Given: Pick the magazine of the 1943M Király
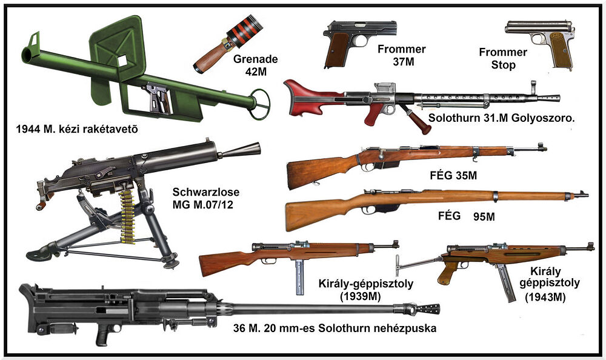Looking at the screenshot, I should click(x=504, y=282).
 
